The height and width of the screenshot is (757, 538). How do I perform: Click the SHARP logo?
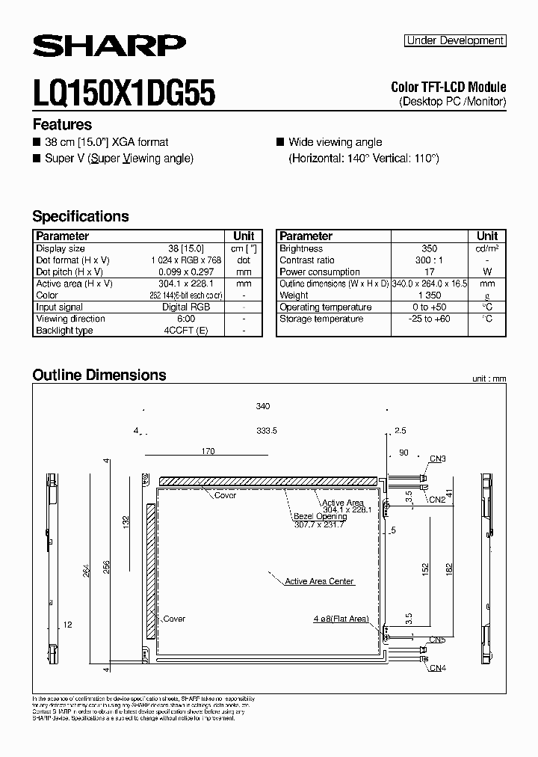pos(109,46)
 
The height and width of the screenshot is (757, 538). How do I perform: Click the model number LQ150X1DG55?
pos(124,94)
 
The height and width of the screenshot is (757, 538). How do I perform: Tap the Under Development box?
pos(455,41)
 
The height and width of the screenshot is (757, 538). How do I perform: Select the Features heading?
pos(62,125)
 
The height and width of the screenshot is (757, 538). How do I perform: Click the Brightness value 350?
pos(429,248)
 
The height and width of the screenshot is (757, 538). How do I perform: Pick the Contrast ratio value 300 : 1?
pos(429,260)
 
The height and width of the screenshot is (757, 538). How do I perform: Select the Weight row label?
pos(294,295)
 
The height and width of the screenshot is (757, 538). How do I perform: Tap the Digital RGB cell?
pos(186,307)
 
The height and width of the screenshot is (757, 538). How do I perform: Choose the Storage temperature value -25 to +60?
pos(429,319)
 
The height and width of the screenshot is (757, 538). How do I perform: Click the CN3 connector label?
pos(438,459)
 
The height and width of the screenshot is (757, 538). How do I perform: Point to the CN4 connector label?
pos(438,667)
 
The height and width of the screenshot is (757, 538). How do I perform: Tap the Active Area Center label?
pos(320,581)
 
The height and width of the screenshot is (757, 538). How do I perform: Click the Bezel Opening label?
pos(320,516)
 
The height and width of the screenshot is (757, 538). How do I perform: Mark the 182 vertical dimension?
pos(446,568)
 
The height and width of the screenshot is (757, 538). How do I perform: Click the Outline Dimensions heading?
pos(99,375)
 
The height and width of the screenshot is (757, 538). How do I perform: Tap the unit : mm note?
pos(489,379)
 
